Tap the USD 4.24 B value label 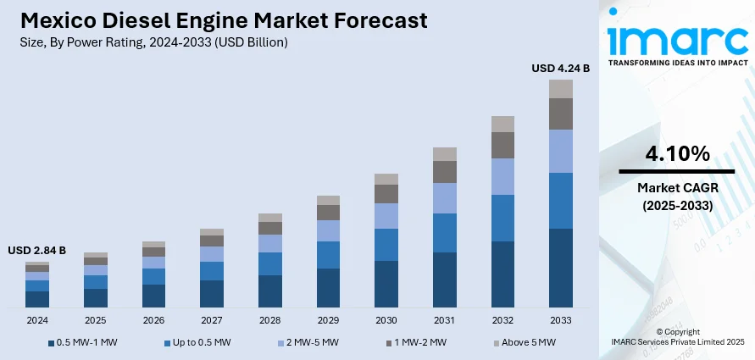pyautogui.click(x=560, y=68)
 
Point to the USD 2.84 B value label pyautogui.click(x=36, y=251)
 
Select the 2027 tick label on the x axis pyautogui.click(x=212, y=321)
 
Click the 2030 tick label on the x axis pyautogui.click(x=386, y=321)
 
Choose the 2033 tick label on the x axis pyautogui.click(x=561, y=321)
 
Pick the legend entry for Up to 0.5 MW pyautogui.click(x=197, y=342)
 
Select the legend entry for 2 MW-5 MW pyautogui.click(x=310, y=342)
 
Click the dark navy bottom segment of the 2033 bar pyautogui.click(x=561, y=267)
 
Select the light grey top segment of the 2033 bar pyautogui.click(x=561, y=88)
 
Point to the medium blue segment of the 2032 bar pyautogui.click(x=503, y=218)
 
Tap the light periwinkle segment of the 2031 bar pyautogui.click(x=445, y=197)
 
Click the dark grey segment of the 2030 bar pyautogui.click(x=386, y=193)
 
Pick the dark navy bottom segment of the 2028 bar pyautogui.click(x=270, y=291)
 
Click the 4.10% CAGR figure pyautogui.click(x=677, y=154)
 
